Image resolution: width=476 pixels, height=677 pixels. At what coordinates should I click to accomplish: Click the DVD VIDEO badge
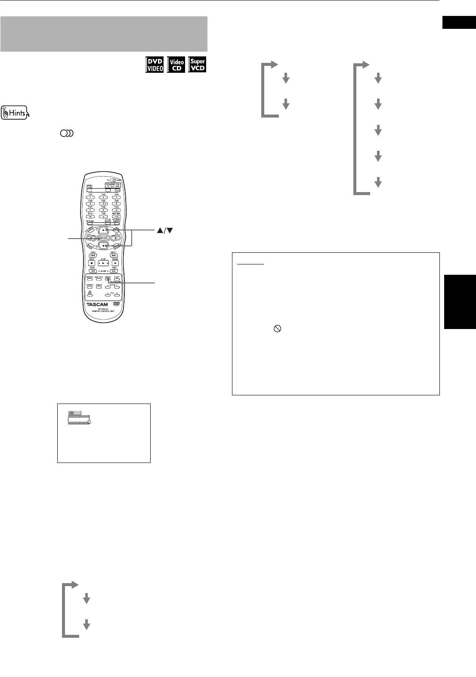tap(155, 65)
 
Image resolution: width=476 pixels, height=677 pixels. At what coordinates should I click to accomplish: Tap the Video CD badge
tap(176, 65)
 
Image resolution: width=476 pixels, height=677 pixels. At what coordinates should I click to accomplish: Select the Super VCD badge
tap(198, 65)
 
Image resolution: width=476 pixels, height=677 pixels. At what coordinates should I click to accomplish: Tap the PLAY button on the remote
tap(103, 263)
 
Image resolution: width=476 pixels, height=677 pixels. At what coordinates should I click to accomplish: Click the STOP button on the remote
tap(91, 263)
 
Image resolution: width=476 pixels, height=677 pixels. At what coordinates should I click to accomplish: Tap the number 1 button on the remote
tap(91, 197)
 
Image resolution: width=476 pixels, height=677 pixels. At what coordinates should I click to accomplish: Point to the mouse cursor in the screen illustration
tap(90, 422)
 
